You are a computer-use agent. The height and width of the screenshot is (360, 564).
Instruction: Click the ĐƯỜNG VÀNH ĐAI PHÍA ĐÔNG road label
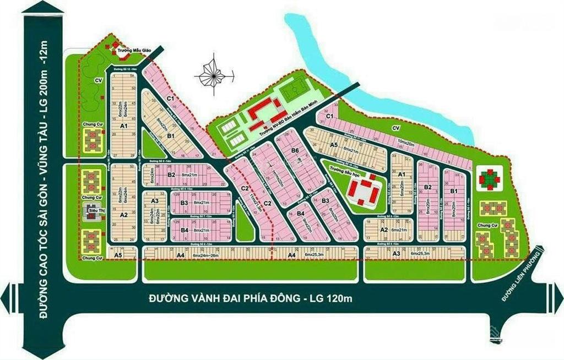coord(250,298)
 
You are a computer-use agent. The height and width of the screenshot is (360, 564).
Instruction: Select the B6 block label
coord(295,150)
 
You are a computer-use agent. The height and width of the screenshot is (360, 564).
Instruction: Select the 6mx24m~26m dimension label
coord(206,255)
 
